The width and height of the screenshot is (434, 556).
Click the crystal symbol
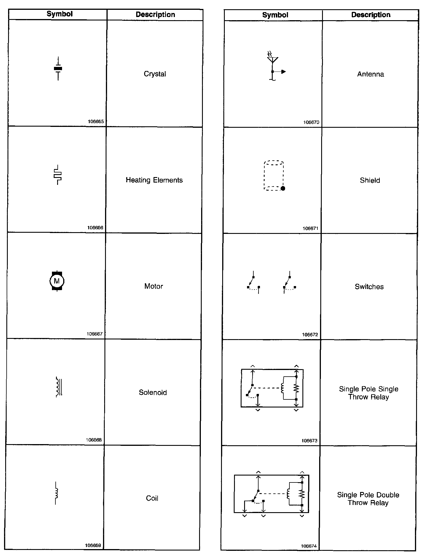point(58,69)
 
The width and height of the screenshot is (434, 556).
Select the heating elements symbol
point(58,175)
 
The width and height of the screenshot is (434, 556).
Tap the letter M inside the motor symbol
point(57,281)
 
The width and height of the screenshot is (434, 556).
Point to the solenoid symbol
point(59,387)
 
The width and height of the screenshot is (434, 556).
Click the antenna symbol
point(273,66)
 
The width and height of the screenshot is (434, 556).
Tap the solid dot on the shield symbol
point(283,188)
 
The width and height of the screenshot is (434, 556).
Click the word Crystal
point(155,74)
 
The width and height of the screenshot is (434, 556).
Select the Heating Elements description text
point(154,180)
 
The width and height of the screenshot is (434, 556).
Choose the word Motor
point(154,286)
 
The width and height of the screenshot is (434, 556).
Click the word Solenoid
point(153,392)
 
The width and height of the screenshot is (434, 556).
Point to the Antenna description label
point(370,74)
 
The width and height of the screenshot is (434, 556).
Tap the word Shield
point(370,180)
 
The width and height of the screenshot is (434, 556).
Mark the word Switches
point(369,287)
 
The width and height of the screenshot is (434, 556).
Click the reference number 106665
point(96,122)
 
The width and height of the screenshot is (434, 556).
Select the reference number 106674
point(308,546)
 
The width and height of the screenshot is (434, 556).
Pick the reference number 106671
point(310,228)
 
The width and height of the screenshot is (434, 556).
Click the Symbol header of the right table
point(275,15)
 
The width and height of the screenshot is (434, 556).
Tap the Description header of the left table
point(155,15)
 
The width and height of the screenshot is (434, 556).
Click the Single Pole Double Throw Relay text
point(368,499)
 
